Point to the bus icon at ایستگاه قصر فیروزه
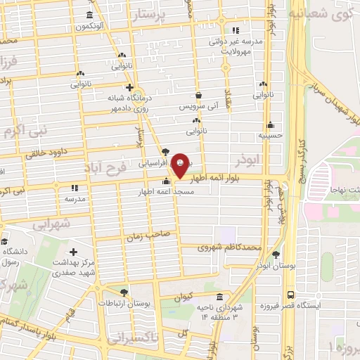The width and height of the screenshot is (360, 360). tap(290, 295)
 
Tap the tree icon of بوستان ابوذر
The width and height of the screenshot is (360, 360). tap(275, 255)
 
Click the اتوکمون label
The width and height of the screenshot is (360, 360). tap(91, 27)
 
